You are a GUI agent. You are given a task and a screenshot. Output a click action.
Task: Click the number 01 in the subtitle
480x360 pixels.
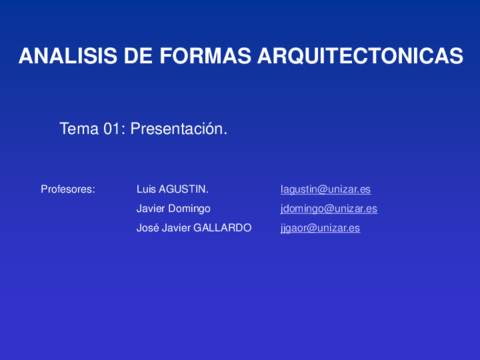tap(112, 129)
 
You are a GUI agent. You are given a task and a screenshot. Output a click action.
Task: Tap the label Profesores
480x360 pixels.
tap(68, 188)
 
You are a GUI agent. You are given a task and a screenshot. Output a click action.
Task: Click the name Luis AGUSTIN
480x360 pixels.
tap(172, 188)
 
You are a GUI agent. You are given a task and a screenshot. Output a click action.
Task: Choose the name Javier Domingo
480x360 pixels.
tap(173, 208)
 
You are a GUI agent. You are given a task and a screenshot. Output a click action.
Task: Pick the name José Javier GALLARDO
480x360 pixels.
tap(194, 228)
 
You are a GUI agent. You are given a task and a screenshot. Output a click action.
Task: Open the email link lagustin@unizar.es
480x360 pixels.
tap(326, 188)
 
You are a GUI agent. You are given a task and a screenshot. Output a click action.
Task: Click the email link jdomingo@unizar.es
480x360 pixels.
tap(329, 208)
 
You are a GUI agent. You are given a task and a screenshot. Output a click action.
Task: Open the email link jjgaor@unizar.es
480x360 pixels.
tap(320, 228)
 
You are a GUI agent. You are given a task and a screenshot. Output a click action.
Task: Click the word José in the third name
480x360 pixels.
tap(146, 228)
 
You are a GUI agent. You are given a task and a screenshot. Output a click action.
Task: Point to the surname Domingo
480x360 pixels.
tap(190, 208)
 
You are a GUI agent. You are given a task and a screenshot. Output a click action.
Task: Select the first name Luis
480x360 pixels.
tap(144, 188)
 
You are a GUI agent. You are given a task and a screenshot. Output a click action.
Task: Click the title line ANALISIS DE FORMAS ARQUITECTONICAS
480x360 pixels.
tap(240, 56)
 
